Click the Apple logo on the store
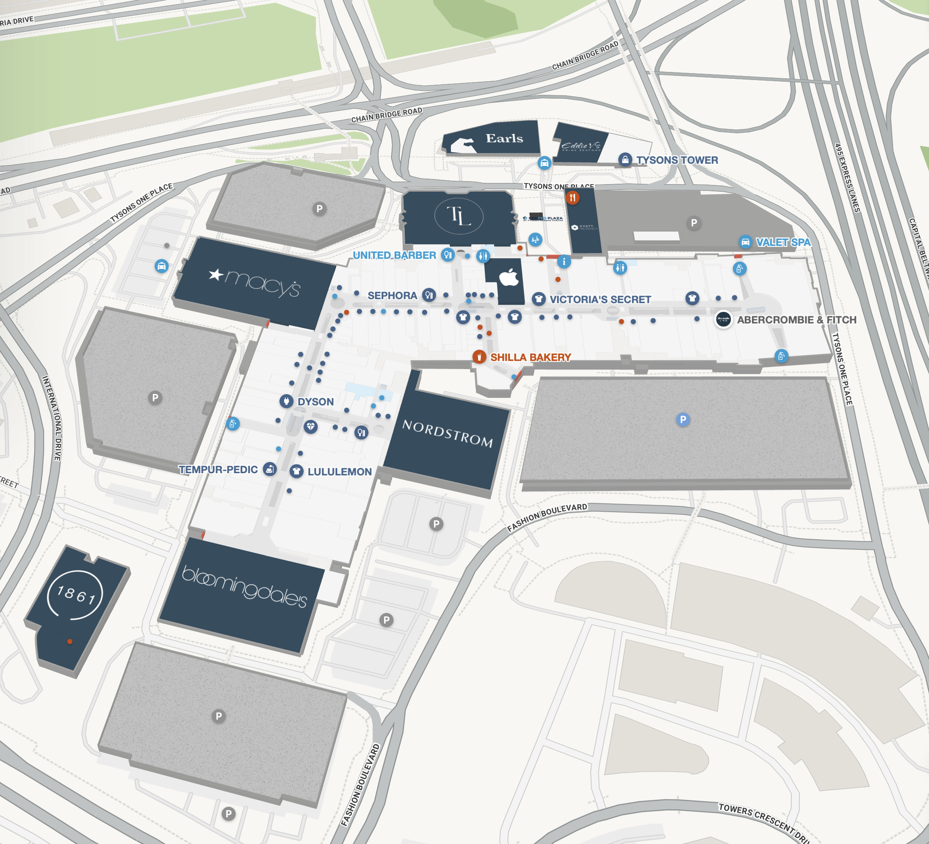(x=509, y=277)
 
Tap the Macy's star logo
(x=216, y=275)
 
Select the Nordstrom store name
(x=448, y=433)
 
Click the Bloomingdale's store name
(x=244, y=587)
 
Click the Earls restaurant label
(x=504, y=138)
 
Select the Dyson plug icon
(x=286, y=401)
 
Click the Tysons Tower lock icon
(x=625, y=160)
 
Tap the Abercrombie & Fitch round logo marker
(x=723, y=319)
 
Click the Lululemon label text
(x=339, y=472)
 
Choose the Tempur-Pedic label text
(x=218, y=469)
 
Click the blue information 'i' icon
(x=564, y=262)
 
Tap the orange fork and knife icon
(x=572, y=198)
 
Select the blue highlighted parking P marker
(x=683, y=419)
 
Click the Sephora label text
(x=392, y=295)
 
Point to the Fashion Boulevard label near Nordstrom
(x=547, y=517)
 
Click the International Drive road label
(x=52, y=418)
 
